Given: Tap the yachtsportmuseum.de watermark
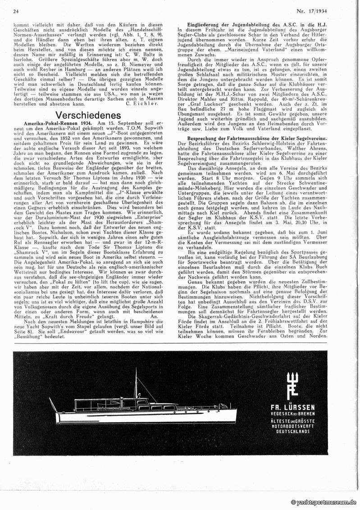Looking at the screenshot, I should pyautogui.click(x=323, y=502).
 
